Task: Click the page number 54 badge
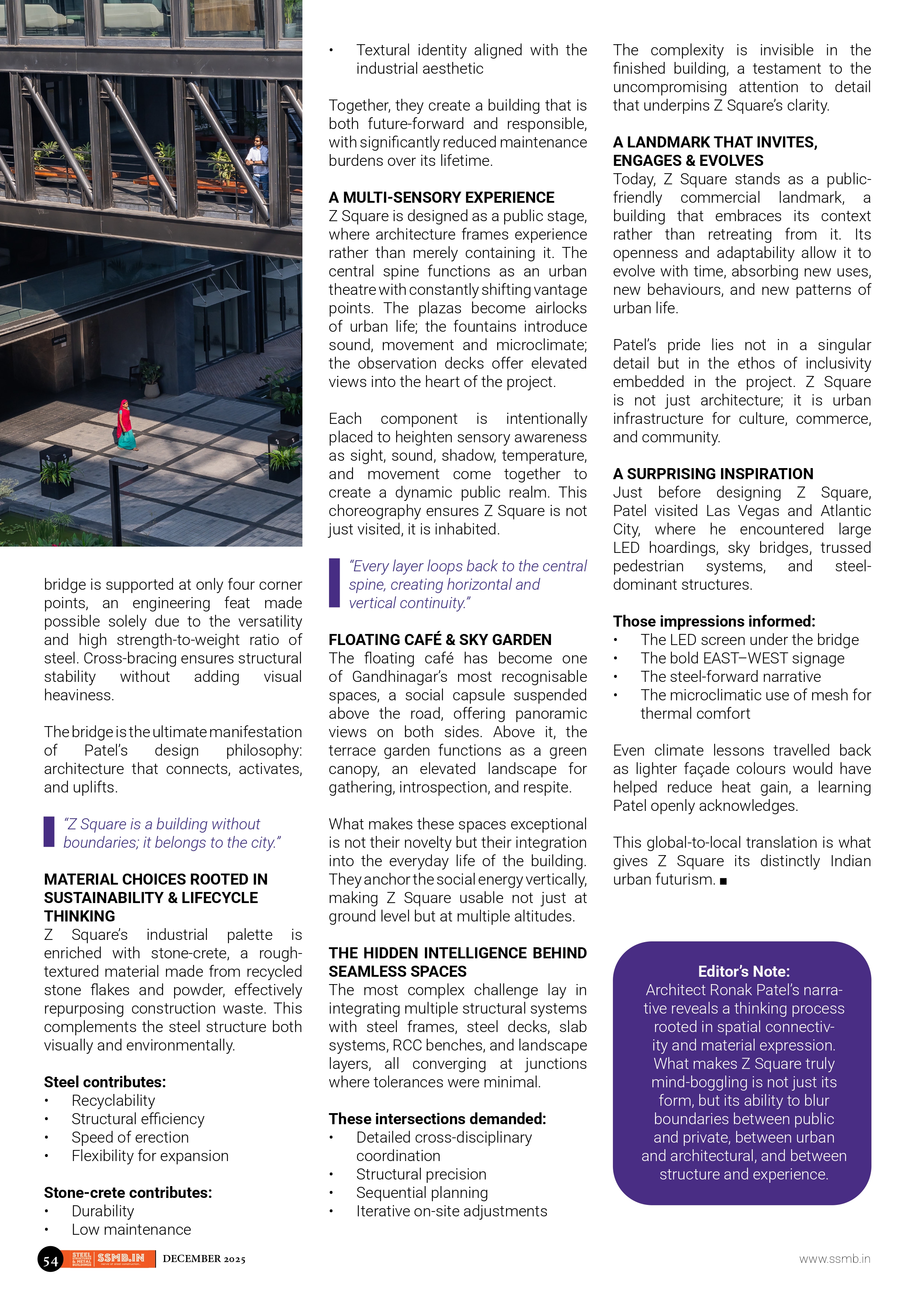click(50, 1259)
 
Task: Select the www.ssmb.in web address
click(835, 1259)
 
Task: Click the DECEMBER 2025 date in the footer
click(204, 1259)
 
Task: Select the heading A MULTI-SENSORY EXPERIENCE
click(441, 198)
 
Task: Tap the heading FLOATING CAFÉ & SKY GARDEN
click(440, 640)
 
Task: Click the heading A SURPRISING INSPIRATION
click(713, 474)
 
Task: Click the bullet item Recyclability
click(113, 1100)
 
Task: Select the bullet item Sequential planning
click(422, 1193)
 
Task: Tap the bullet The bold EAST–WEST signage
click(742, 658)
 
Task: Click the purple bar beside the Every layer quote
click(334, 583)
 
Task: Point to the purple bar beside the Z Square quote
click(49, 832)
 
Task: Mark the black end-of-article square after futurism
click(724, 881)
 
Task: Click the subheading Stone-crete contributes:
click(128, 1193)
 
